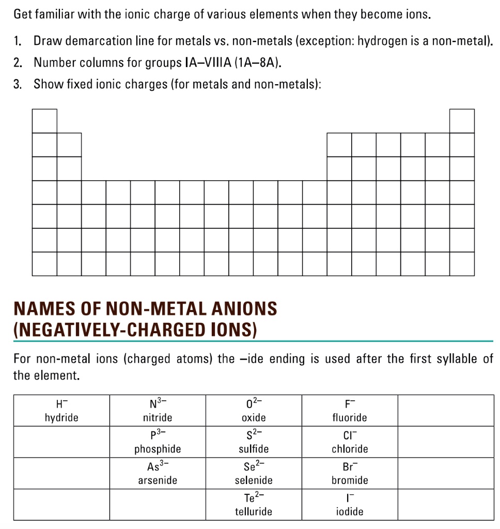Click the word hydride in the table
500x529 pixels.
[x=61, y=417]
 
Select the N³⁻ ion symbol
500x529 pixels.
[x=158, y=402]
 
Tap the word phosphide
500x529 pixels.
[x=158, y=449]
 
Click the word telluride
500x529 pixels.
[x=254, y=512]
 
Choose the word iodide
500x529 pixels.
[x=350, y=512]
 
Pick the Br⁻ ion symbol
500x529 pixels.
[x=350, y=466]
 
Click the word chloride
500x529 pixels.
[x=350, y=449]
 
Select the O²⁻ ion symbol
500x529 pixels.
[x=254, y=402]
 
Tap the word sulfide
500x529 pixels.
[x=254, y=449]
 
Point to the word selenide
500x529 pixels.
[x=254, y=480]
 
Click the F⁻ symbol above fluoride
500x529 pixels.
[x=350, y=403]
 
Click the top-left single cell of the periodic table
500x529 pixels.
[x=44, y=121]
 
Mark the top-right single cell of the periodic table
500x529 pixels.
[x=462, y=121]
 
